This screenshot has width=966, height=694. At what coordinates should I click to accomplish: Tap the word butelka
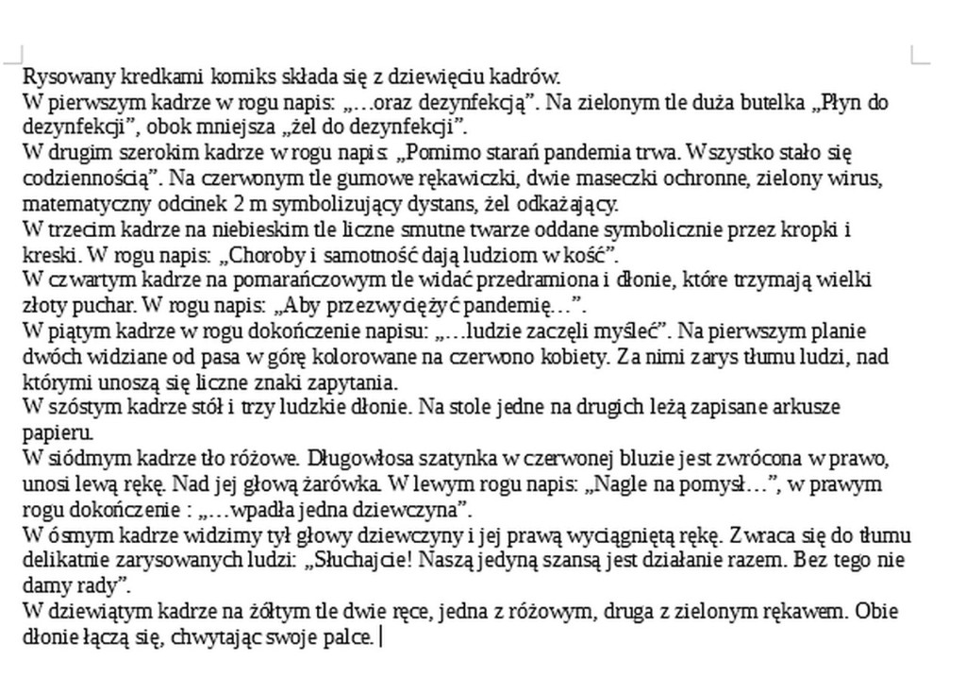pyautogui.click(x=772, y=103)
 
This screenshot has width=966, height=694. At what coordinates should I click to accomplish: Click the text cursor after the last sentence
pyautogui.click(x=380, y=637)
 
